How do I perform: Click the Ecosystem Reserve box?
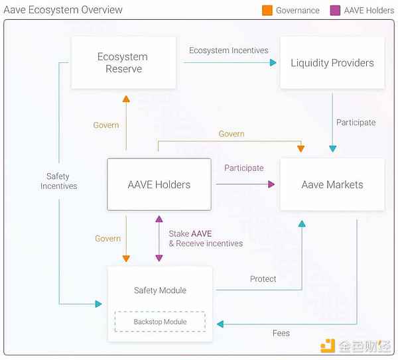(123, 63)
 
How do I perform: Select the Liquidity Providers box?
(332, 63)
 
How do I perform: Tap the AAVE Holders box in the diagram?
(159, 184)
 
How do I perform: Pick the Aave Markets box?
(332, 184)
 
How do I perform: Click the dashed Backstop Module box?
(160, 322)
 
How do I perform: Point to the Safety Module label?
(160, 290)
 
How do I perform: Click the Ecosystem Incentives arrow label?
(228, 50)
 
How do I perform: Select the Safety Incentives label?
(58, 181)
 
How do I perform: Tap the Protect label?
(263, 279)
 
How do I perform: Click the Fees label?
(281, 333)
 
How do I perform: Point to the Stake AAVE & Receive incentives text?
(205, 239)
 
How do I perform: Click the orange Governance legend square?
(267, 11)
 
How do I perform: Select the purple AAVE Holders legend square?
(335, 11)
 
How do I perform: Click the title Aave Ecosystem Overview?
(63, 10)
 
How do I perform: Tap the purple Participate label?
(243, 168)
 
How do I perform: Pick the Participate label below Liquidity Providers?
(356, 123)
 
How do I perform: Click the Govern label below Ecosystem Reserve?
(106, 125)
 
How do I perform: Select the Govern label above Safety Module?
(107, 239)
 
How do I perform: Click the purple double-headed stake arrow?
(158, 238)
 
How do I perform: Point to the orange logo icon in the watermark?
(328, 346)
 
